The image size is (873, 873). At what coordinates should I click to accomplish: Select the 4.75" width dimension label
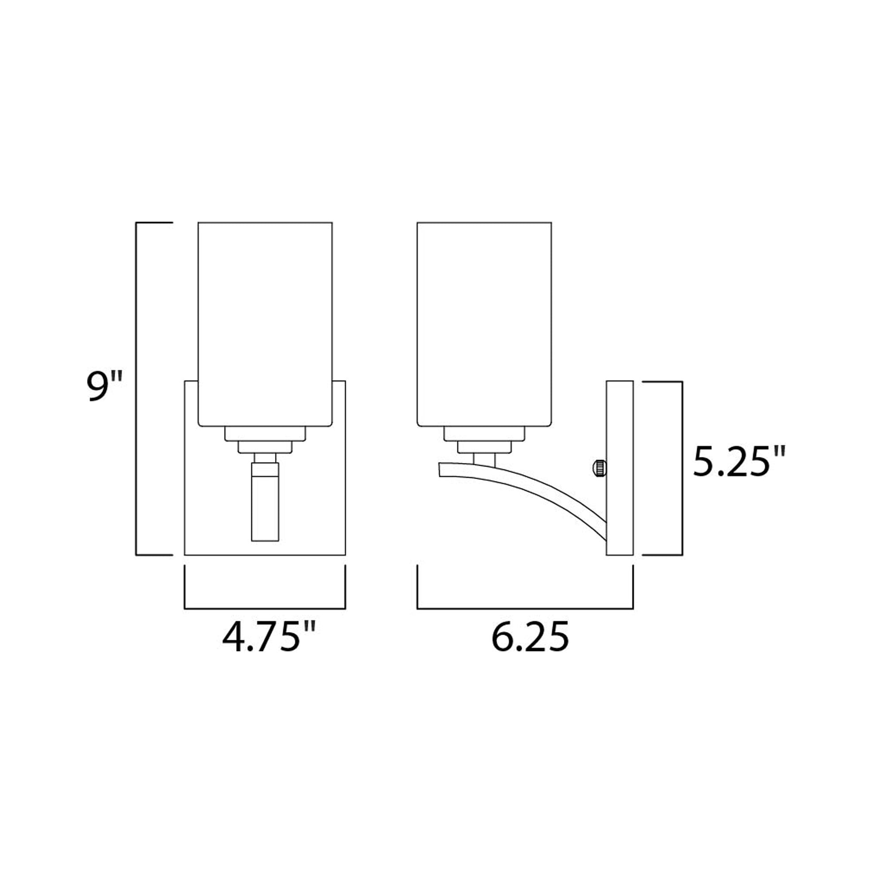click(x=268, y=638)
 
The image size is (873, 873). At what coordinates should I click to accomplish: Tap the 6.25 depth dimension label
click(x=530, y=638)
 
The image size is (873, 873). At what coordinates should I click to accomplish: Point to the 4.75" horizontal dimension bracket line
click(x=265, y=608)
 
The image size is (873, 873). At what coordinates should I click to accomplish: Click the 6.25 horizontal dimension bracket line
click(x=524, y=608)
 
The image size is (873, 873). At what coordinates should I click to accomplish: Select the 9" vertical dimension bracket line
click(x=136, y=388)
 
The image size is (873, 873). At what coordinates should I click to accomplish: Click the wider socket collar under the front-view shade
click(x=265, y=433)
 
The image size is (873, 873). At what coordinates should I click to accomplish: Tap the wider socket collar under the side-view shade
click(x=484, y=433)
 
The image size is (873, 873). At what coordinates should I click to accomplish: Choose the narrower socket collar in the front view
click(x=265, y=447)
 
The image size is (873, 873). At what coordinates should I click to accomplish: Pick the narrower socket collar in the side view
click(x=484, y=447)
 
